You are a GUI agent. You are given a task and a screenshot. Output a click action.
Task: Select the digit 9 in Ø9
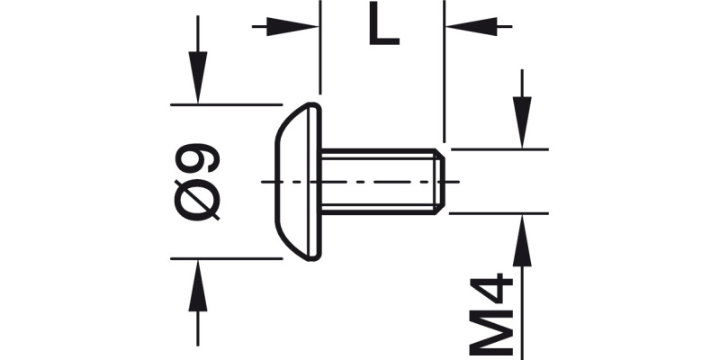(x=199, y=156)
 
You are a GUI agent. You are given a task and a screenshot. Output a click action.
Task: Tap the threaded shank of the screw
(x=378, y=181)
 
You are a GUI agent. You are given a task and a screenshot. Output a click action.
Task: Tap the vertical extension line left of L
(x=320, y=54)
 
